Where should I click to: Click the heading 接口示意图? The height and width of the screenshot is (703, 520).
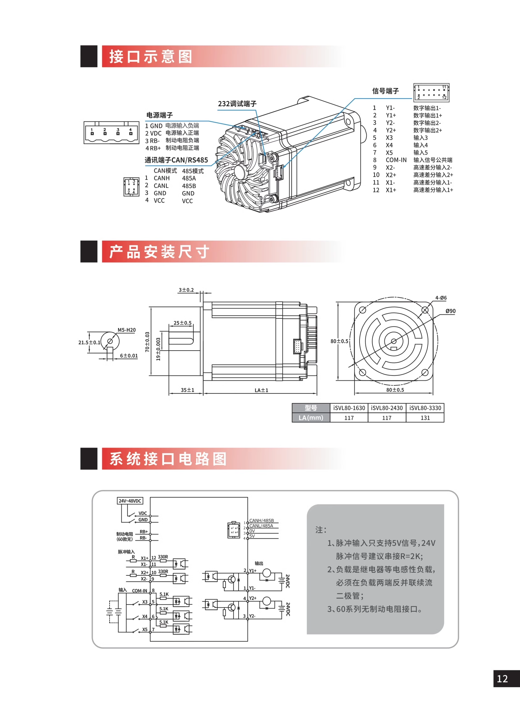[x=151, y=57]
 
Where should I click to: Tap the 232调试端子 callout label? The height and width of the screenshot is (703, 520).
[x=237, y=103]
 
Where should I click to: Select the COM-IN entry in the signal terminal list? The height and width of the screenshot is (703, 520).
[x=396, y=160]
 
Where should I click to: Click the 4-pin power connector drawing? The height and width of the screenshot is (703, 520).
[x=111, y=133]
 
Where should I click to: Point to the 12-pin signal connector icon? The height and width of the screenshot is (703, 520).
[x=431, y=93]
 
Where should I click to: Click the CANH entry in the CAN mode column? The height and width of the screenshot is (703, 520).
[x=161, y=178]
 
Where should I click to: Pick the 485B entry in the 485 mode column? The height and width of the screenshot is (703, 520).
[x=189, y=186]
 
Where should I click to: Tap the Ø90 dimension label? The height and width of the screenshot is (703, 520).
[x=451, y=311]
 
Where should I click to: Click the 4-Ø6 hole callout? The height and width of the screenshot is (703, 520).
[x=441, y=298]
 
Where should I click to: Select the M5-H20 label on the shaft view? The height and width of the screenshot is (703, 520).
[x=127, y=330]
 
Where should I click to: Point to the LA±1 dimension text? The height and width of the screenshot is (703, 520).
[x=261, y=390]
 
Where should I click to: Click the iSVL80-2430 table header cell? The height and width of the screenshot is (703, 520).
[x=387, y=408]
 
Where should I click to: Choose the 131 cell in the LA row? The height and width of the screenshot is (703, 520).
[x=425, y=418]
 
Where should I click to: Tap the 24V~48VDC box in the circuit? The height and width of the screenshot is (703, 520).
[x=130, y=501]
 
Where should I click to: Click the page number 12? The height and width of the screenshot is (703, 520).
[x=502, y=679]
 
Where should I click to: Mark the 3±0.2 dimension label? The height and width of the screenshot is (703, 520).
[x=186, y=290]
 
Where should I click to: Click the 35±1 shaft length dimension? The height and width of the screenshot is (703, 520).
[x=187, y=390]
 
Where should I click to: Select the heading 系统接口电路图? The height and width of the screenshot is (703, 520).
[x=168, y=459]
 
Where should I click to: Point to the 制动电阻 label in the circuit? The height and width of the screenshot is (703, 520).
[x=125, y=534]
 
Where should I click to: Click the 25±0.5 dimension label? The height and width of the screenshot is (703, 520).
[x=183, y=323]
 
